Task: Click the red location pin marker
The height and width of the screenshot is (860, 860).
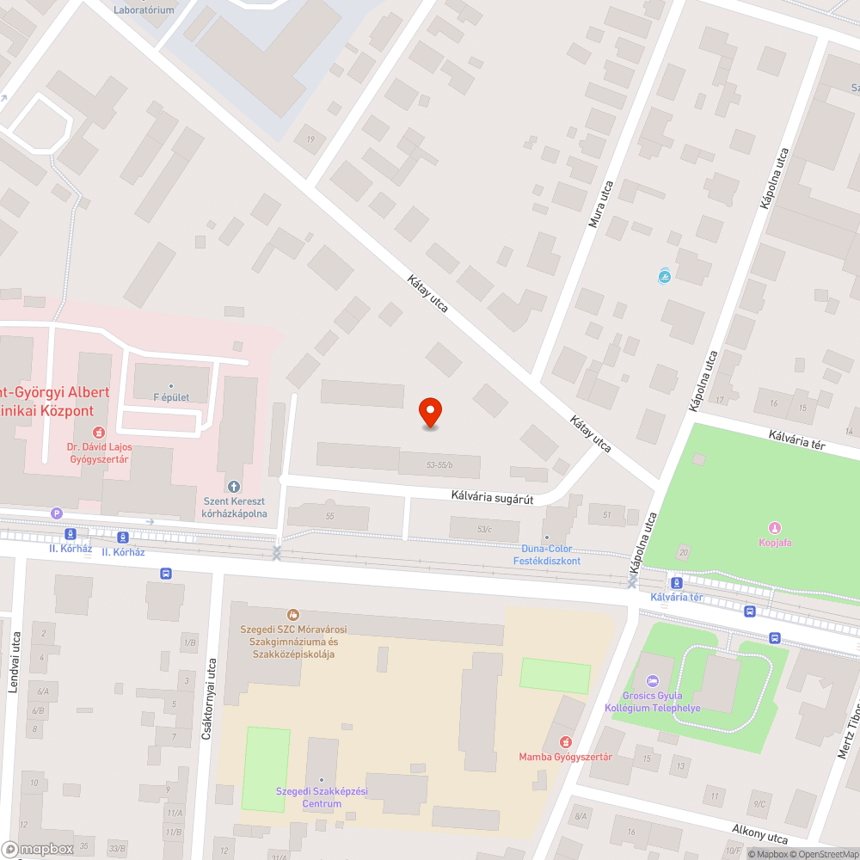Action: (x=429, y=413)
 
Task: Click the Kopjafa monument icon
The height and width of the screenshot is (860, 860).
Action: (x=775, y=528)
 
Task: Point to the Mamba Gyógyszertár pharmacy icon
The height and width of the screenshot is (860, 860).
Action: (x=565, y=741)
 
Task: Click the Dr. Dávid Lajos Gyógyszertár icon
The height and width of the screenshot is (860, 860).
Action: (x=99, y=432)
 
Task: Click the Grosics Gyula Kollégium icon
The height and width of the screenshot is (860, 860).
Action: (x=651, y=681)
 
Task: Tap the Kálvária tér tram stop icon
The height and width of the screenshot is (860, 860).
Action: (x=677, y=582)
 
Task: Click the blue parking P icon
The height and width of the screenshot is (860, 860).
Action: (x=58, y=513)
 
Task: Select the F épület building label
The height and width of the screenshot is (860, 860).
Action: (x=171, y=397)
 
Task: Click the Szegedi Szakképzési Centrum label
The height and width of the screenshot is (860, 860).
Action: (x=309, y=797)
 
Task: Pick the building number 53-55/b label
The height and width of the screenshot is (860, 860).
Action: (x=439, y=465)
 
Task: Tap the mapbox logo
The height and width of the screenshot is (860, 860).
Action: (x=39, y=849)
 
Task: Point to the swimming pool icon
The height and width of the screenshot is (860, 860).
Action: (x=664, y=277)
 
